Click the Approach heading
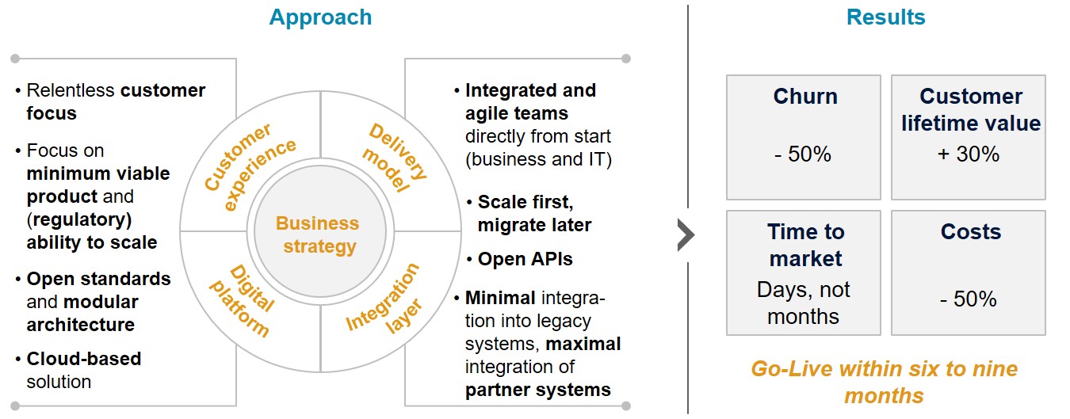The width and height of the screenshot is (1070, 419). click(320, 17)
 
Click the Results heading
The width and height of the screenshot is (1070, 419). click(885, 17)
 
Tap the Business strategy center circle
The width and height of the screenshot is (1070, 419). click(317, 234)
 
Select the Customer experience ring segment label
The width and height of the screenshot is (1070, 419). click(249, 167)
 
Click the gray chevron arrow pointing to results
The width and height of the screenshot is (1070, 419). click(686, 235)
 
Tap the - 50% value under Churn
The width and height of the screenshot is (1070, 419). click(803, 154)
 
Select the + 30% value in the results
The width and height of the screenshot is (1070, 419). click(968, 154)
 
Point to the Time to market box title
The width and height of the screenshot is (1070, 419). click(805, 245)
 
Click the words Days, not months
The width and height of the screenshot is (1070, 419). click(803, 303)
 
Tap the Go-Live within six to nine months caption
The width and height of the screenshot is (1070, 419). click(884, 381)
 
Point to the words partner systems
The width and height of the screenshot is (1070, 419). click(537, 390)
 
